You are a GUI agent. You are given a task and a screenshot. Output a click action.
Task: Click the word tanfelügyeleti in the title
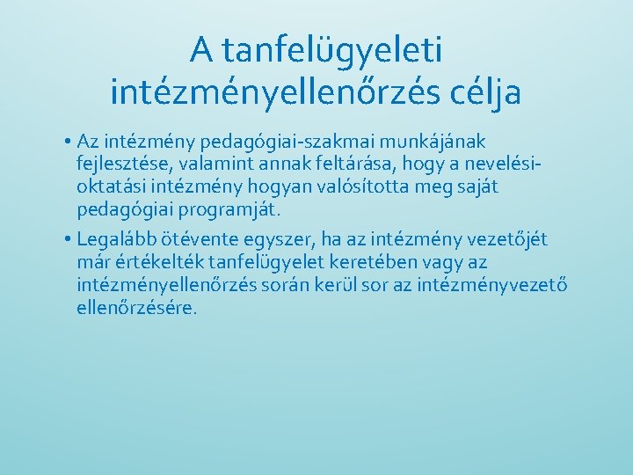332,51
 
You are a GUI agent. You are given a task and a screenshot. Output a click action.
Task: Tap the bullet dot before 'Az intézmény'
68,142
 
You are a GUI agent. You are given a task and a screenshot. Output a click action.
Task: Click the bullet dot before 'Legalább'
68,239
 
